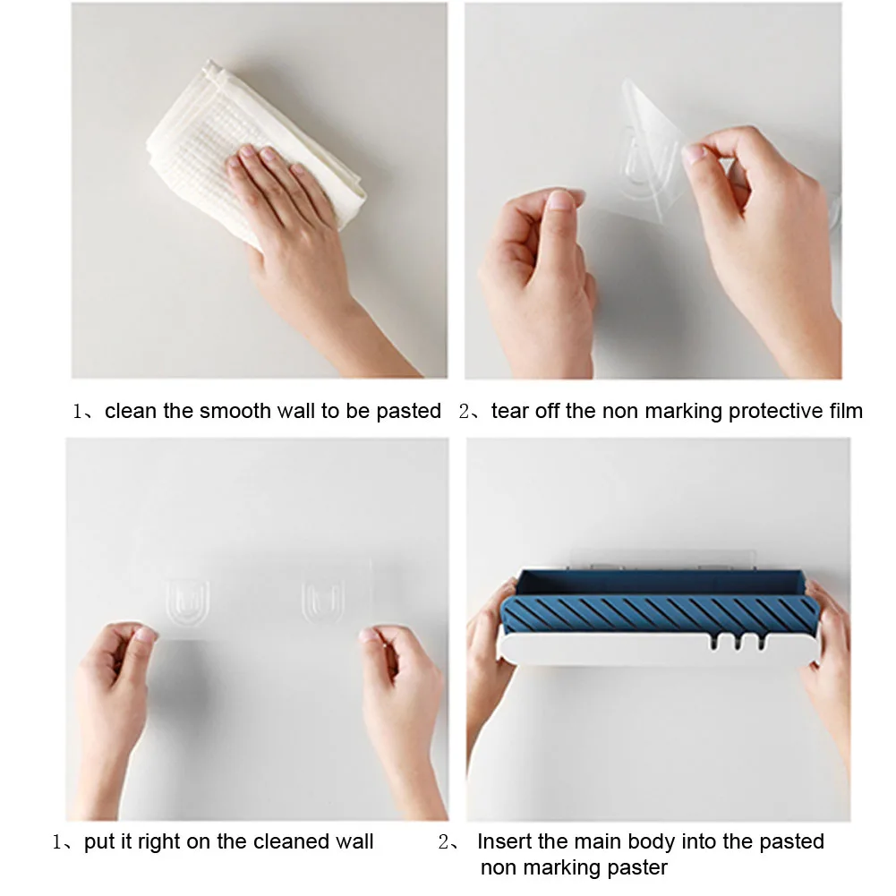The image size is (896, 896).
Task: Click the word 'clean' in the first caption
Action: [131, 411]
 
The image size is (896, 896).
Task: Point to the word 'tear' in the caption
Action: [510, 411]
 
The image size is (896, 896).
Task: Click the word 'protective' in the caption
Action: [775, 412]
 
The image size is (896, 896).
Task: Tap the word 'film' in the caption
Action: [846, 411]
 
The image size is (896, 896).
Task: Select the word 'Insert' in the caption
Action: [505, 841]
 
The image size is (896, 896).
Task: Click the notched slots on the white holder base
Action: [738, 641]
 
